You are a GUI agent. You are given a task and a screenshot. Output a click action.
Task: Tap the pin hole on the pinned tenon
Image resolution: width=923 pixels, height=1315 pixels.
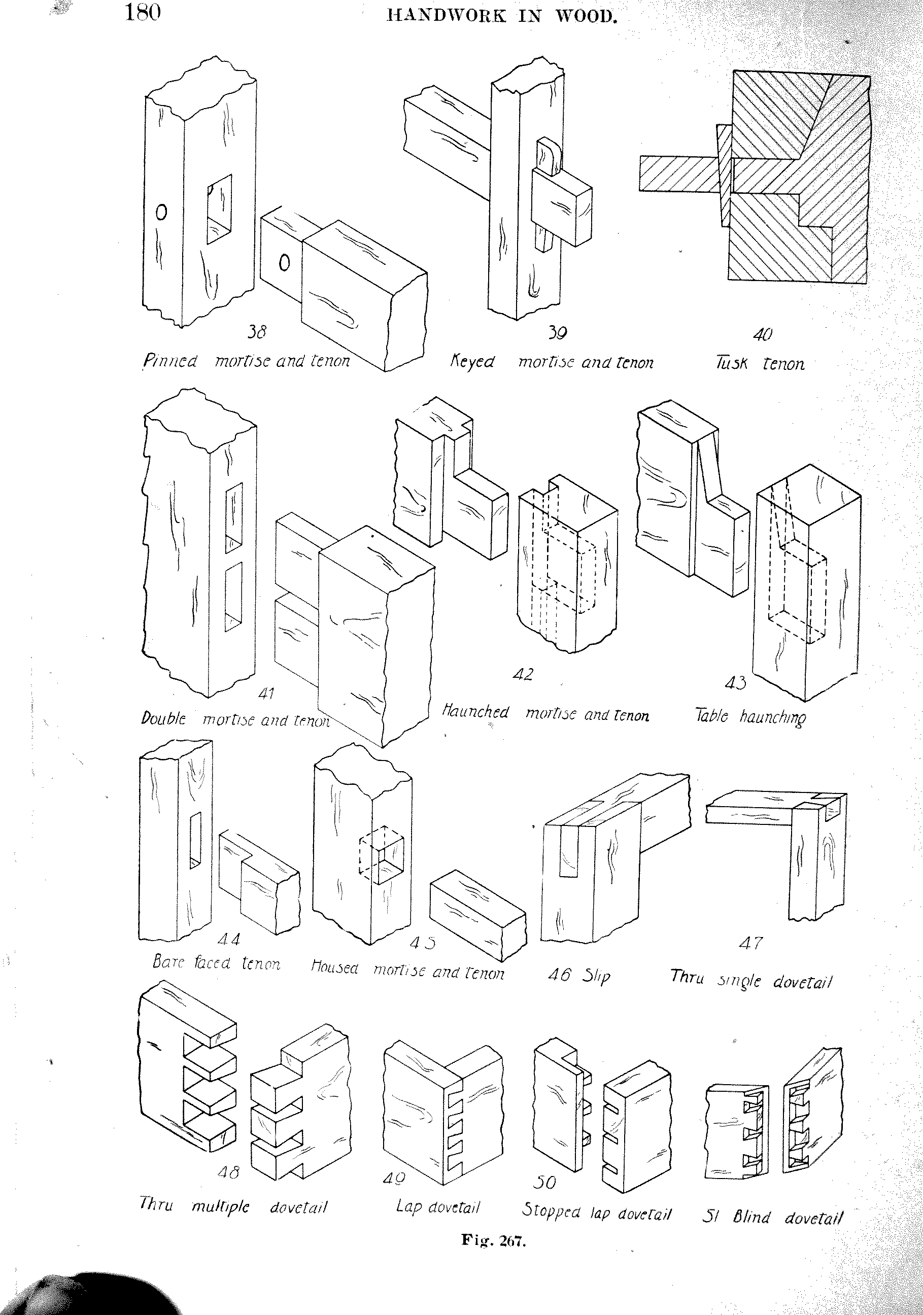point(284,263)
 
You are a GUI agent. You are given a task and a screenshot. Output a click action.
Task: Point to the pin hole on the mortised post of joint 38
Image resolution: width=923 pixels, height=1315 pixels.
point(161,213)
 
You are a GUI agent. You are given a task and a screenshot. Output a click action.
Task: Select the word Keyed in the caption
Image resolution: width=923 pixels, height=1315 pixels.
point(472,362)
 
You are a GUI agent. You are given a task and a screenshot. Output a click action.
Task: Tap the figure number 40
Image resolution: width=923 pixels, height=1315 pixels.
point(763,334)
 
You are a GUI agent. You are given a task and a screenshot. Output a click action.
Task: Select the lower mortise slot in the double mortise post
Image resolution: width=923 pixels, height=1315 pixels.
point(233,596)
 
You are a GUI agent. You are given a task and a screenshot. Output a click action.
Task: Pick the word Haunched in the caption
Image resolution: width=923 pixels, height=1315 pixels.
point(475,712)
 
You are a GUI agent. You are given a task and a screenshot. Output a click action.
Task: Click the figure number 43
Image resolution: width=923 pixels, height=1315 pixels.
point(736,683)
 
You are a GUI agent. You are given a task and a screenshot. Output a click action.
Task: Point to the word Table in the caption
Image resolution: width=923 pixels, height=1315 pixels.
point(711,716)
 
